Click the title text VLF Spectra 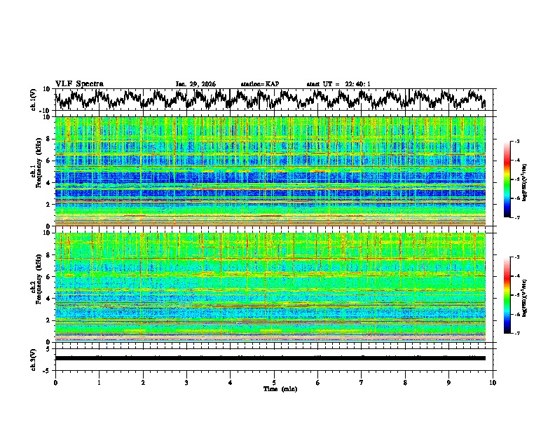[79, 84]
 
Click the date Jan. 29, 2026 [196, 84]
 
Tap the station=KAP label [259, 84]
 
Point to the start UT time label [338, 84]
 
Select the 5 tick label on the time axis [274, 382]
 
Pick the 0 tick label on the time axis [55, 382]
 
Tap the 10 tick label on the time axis [493, 382]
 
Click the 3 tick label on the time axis [186, 382]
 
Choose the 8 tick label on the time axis [405, 382]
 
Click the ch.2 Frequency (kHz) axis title [35, 287]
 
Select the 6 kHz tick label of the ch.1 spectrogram [50, 161]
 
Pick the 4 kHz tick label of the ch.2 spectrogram [50, 299]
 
